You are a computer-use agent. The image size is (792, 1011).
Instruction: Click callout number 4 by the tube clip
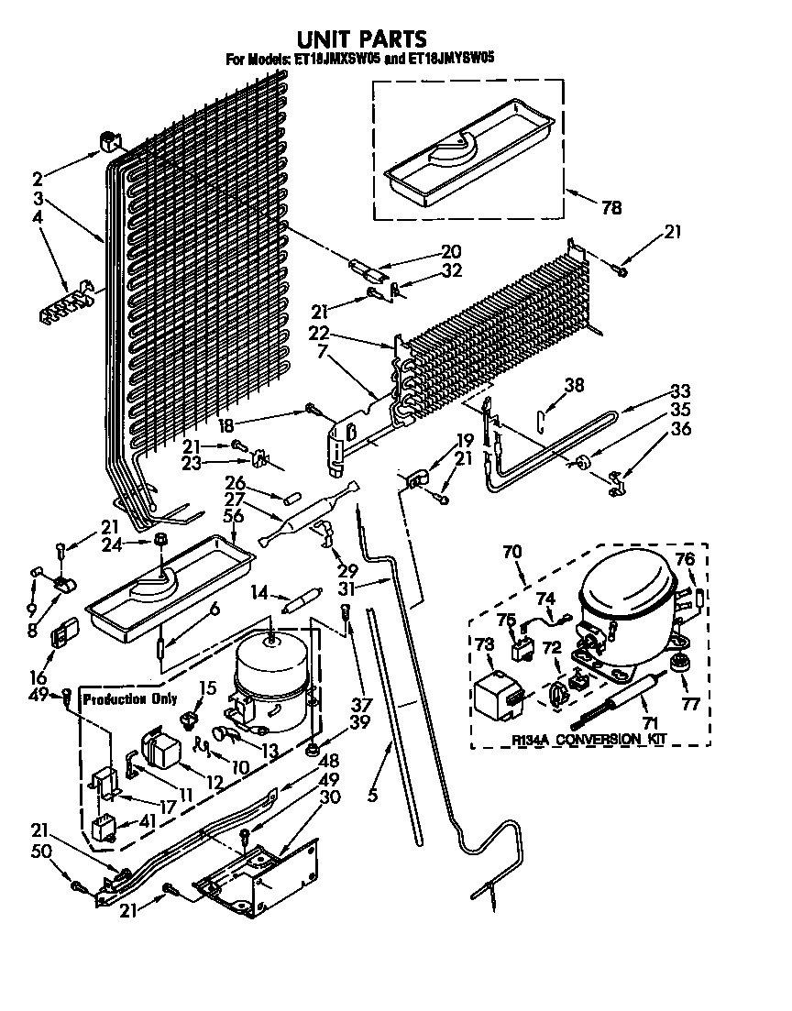(37, 217)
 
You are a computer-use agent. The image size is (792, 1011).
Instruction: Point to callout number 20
(450, 251)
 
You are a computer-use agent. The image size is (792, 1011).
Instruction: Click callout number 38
(574, 387)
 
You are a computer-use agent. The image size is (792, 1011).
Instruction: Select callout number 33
(680, 389)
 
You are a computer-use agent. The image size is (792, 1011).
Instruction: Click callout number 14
(261, 593)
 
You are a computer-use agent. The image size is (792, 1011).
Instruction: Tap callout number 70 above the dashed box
(511, 552)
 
